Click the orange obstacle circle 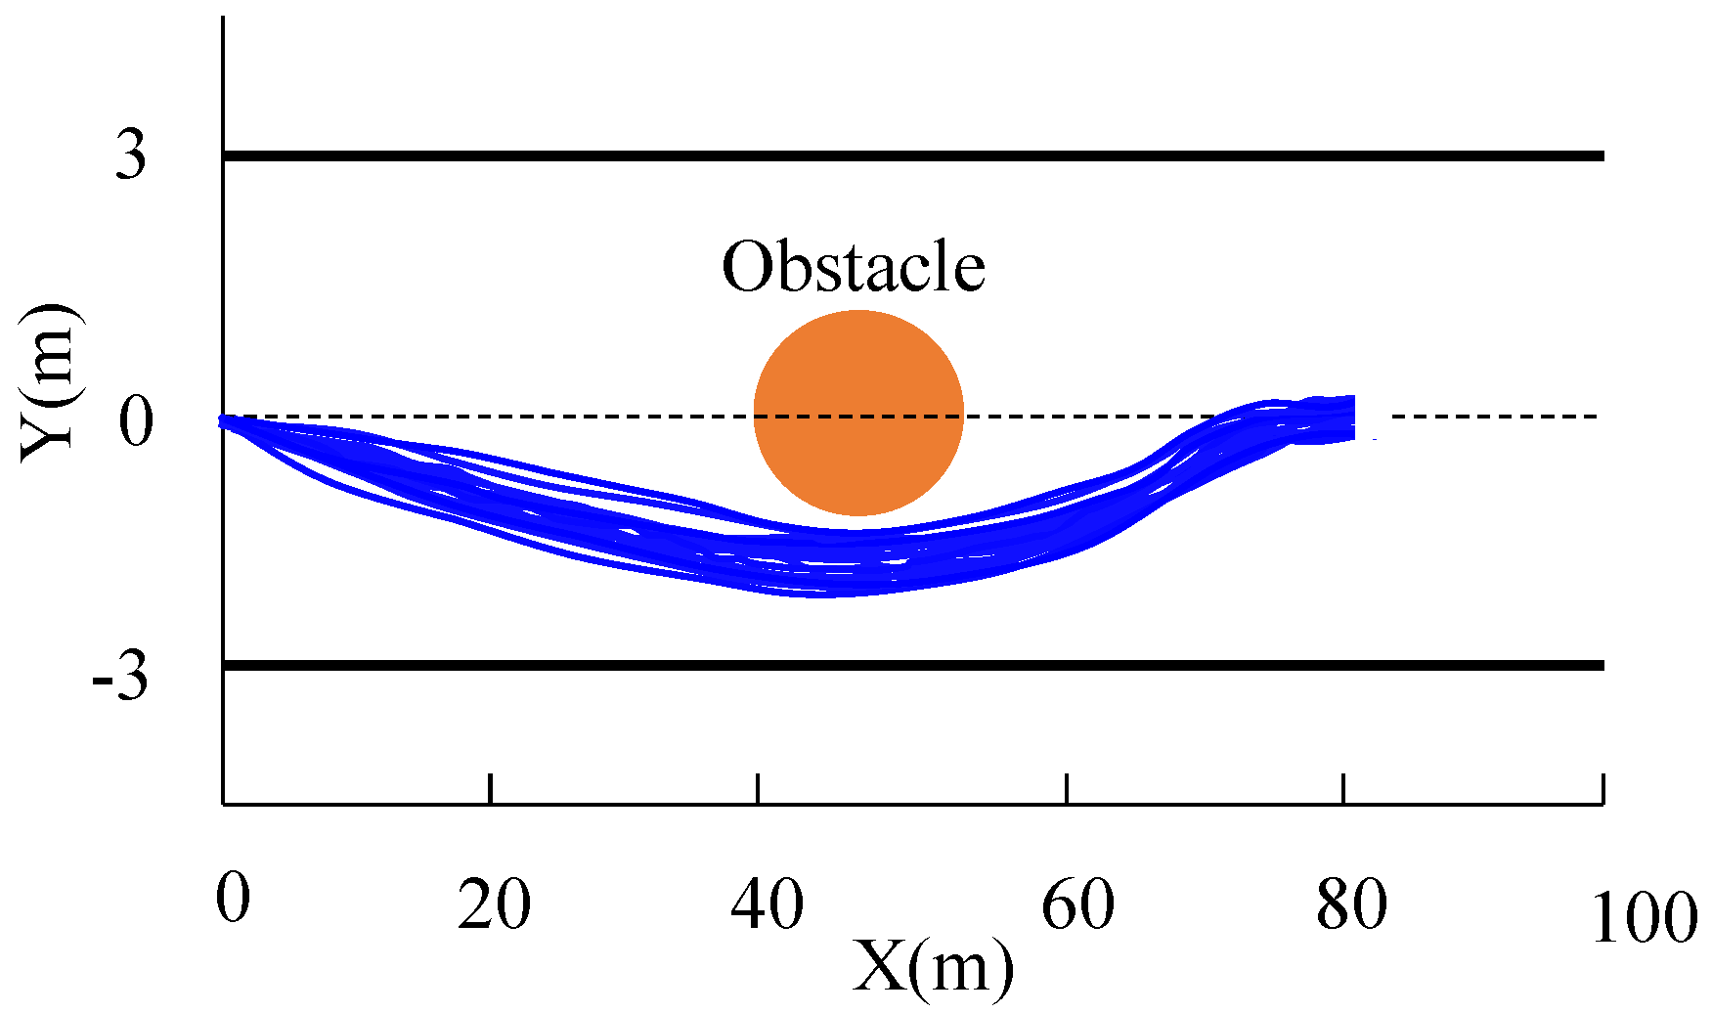858,413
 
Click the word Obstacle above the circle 853,266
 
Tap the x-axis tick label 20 495,905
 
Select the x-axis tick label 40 768,905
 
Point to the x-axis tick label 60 1077,905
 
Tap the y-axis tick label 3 131,155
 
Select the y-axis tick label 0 137,422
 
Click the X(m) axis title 933,968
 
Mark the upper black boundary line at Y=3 913,156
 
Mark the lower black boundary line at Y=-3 913,666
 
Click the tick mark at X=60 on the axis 1067,789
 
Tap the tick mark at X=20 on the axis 491,789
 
